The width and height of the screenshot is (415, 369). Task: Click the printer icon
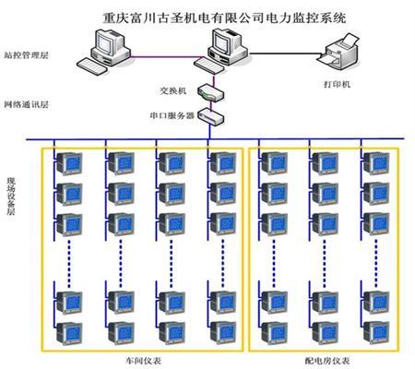tap(338, 52)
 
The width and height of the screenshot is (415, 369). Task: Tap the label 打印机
tap(337, 84)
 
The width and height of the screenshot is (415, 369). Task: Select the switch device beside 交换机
tap(210, 92)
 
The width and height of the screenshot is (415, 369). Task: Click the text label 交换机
tap(173, 90)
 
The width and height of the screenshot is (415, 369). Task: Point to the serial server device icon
tap(211, 116)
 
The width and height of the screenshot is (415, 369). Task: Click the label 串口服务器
tap(172, 115)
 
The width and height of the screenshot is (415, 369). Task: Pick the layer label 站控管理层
tap(26, 55)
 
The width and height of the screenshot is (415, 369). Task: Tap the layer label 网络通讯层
tap(26, 104)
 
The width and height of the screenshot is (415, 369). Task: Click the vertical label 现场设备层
tap(11, 196)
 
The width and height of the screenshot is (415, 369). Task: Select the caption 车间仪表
tap(144, 361)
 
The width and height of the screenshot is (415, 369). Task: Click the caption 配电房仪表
tap(327, 361)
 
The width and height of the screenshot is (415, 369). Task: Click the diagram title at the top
tap(224, 18)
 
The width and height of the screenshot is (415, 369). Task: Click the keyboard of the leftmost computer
tap(92, 66)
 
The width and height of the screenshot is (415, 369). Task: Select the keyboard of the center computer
tap(209, 65)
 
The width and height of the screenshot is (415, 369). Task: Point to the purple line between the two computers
tap(165, 56)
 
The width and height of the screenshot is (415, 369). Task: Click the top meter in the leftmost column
tap(69, 163)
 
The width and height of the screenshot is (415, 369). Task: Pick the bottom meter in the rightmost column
tap(376, 333)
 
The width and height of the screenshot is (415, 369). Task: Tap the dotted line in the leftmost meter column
tap(69, 263)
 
